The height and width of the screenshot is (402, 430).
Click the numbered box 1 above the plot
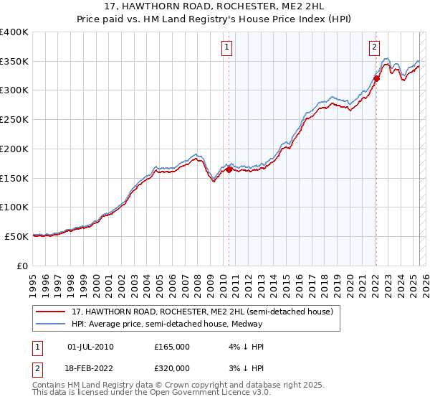(226, 48)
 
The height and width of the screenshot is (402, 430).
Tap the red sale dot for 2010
(229, 169)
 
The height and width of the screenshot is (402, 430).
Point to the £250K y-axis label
(15, 119)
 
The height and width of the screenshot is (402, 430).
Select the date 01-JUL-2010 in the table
(90, 347)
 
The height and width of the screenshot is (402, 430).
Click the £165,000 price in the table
(172, 347)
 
